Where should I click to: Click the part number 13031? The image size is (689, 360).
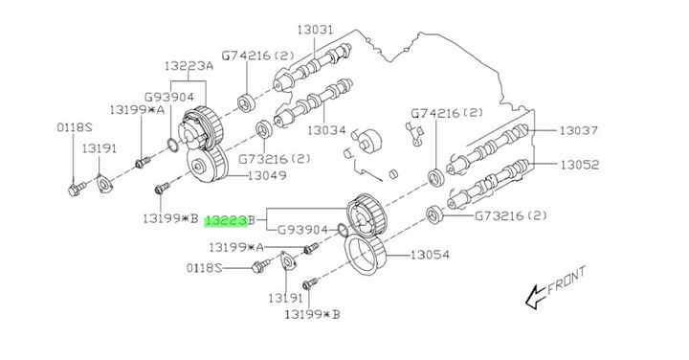click(315, 30)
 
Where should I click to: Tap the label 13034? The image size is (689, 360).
click(326, 130)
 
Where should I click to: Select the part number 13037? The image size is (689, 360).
click(578, 130)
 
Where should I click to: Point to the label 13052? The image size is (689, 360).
click(580, 165)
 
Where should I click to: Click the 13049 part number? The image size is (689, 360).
click(267, 175)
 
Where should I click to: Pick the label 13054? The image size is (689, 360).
click(431, 255)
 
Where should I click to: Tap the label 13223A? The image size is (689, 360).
click(189, 66)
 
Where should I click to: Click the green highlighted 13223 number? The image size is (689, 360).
click(227, 221)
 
